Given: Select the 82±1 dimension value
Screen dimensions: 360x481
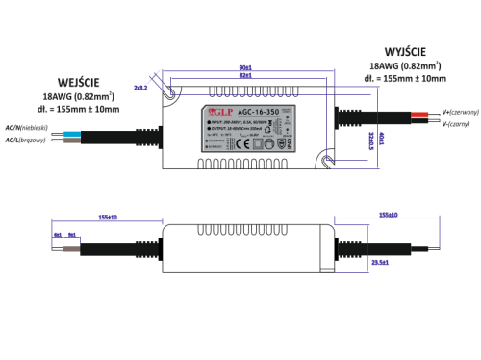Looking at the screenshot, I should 245,76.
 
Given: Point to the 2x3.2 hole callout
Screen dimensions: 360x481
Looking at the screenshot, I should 140,88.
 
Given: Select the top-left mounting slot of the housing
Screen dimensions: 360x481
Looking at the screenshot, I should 173,92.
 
